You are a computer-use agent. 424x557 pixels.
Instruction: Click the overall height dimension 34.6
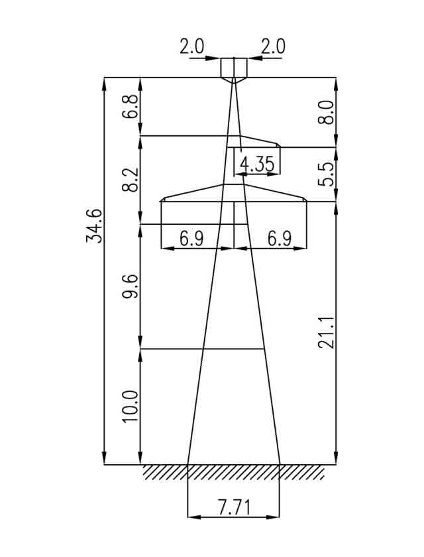(x=94, y=226)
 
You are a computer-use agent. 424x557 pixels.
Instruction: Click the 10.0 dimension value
(x=131, y=406)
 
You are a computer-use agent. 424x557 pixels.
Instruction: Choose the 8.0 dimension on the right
(x=326, y=112)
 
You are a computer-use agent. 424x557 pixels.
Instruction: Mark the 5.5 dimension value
(x=326, y=174)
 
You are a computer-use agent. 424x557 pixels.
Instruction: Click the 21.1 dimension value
(x=326, y=332)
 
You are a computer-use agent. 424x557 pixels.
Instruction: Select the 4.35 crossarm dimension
(x=257, y=165)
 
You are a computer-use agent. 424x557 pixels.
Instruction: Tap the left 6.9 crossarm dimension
(x=192, y=239)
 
